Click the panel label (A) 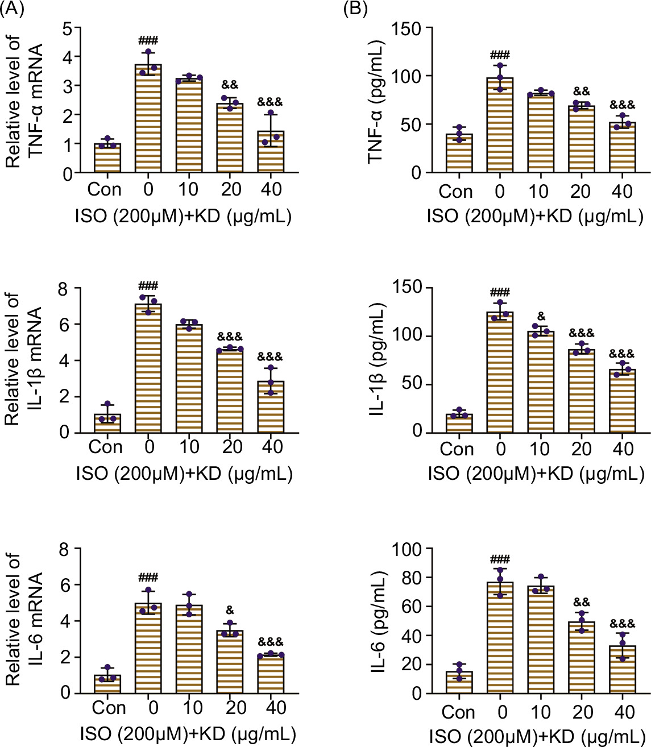[x=13, y=9]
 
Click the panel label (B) [x=356, y=9]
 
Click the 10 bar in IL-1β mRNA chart [x=189, y=378]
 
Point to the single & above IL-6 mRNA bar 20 [x=230, y=610]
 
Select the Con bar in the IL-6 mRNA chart [x=107, y=684]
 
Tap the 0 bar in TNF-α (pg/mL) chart [x=500, y=125]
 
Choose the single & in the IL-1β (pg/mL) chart [x=541, y=316]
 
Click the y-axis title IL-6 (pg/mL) [x=378, y=621]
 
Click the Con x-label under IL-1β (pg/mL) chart [x=457, y=450]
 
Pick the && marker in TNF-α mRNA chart [x=230, y=85]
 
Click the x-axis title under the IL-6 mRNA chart [x=188, y=734]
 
